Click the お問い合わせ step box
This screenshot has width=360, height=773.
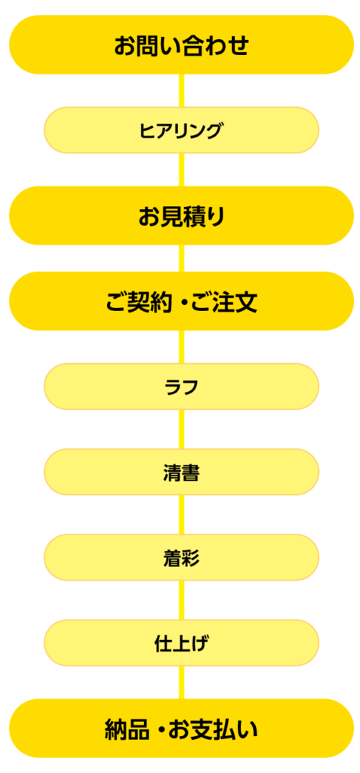[181, 45]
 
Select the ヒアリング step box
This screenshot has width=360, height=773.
[181, 130]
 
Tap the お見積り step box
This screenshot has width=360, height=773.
[181, 215]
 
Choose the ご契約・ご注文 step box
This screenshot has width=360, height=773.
[181, 301]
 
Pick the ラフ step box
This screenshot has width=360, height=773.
[181, 386]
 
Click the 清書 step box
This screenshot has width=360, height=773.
[181, 472]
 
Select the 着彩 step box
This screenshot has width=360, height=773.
[181, 558]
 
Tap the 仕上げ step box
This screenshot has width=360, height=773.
[181, 643]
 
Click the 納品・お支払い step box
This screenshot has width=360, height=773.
[181, 728]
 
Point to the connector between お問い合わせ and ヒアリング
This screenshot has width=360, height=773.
[181, 91]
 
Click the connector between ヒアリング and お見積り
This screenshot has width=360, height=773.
[181, 170]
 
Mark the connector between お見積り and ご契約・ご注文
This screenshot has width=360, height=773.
[181, 258]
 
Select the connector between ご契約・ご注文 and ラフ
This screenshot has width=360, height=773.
[181, 347]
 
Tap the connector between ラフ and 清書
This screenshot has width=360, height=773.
[181, 430]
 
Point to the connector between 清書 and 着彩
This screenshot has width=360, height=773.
[181, 515]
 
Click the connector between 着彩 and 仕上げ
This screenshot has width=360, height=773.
[181, 600]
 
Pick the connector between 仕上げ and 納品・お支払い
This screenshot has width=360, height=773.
[181, 682]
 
